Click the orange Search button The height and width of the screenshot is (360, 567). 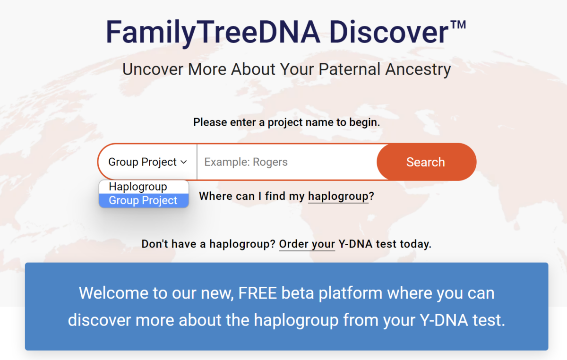426,162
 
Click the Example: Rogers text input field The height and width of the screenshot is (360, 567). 287,162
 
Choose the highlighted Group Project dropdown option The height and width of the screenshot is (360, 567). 144,200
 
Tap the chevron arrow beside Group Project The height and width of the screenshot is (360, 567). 184,162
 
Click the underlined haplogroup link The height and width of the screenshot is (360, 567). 338,197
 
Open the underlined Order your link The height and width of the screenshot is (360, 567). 307,244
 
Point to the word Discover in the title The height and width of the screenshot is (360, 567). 389,33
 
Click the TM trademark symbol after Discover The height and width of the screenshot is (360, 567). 458,25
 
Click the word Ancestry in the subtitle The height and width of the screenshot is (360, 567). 418,69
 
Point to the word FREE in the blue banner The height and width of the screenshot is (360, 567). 258,293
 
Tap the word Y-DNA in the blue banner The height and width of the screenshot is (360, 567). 444,320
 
